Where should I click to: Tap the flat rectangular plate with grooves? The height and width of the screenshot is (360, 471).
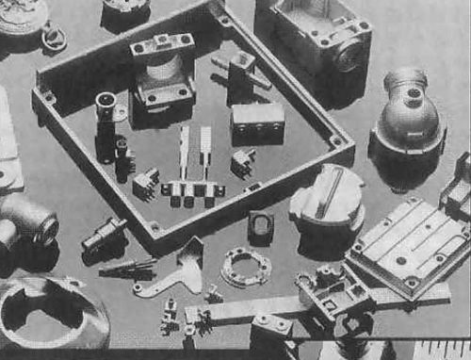[409, 243]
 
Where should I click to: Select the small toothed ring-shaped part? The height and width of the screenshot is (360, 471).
[246, 267]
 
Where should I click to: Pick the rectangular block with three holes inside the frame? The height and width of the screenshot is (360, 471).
[257, 117]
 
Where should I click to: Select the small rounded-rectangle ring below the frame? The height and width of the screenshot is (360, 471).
[261, 225]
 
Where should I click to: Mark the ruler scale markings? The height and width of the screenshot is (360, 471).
[443, 350]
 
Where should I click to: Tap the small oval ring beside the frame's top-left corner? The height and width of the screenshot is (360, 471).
[55, 39]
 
